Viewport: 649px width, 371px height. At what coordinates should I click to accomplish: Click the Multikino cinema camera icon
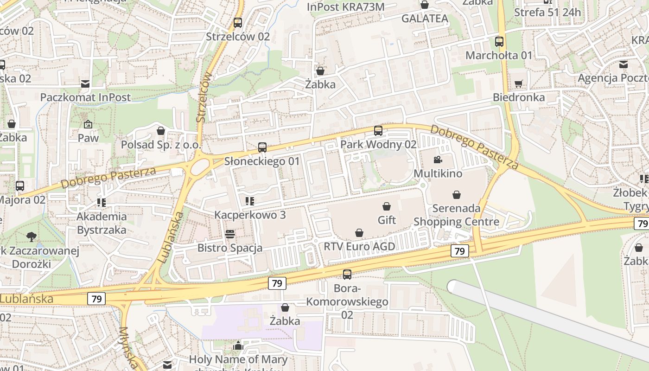437,160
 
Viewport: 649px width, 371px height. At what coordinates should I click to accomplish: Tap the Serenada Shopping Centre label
457,215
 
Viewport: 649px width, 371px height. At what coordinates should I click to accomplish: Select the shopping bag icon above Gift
387,206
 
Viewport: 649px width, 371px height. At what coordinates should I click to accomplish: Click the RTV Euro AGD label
359,246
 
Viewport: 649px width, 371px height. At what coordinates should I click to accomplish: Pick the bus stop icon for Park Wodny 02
378,131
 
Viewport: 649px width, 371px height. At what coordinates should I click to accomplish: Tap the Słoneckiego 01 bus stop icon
262,147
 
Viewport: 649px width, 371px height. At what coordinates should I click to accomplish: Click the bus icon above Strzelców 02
238,22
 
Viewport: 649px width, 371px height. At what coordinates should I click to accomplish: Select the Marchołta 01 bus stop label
499,56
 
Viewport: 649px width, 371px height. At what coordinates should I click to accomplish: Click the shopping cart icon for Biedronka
518,84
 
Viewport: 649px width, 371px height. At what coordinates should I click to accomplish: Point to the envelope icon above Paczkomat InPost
85,84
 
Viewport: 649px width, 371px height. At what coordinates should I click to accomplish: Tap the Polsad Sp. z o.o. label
161,145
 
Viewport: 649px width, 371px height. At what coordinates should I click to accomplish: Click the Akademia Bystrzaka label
102,223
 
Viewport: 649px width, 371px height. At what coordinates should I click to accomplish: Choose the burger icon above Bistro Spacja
230,234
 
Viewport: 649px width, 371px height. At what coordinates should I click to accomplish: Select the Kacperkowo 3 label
250,215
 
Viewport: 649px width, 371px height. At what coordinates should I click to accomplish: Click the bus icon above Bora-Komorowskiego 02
347,275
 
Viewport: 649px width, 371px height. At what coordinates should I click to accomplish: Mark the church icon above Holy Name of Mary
238,346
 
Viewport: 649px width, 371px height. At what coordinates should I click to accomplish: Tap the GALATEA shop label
425,19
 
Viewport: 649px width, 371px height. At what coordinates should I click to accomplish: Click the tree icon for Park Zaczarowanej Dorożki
32,237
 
